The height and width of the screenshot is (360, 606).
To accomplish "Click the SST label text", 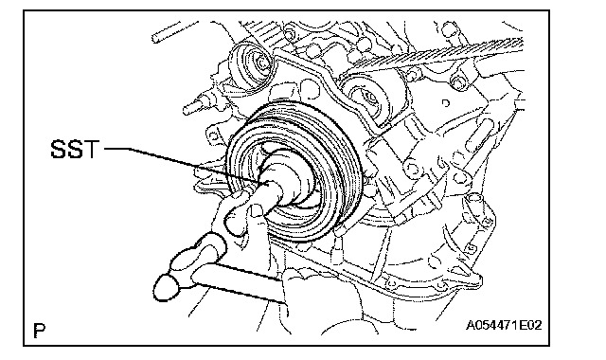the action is (x=75, y=149).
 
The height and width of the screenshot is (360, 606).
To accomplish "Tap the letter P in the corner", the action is (x=40, y=331).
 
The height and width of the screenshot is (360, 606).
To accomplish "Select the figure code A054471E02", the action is (x=503, y=325).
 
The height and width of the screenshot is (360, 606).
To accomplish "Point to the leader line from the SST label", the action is (x=182, y=164).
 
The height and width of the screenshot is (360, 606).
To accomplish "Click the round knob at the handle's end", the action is (x=167, y=287).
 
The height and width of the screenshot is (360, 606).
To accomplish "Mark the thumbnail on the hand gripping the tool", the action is (x=255, y=210).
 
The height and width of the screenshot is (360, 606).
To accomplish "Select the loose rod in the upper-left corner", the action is (x=174, y=31).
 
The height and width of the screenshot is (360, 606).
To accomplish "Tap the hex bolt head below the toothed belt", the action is (x=458, y=83).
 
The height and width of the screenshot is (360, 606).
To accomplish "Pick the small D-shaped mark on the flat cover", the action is (x=446, y=103).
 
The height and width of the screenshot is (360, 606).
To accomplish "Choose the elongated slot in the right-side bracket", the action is (x=478, y=135).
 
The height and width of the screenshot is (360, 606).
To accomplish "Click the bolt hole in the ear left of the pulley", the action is (x=213, y=135).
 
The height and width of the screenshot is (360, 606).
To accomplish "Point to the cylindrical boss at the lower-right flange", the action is (x=473, y=202).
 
